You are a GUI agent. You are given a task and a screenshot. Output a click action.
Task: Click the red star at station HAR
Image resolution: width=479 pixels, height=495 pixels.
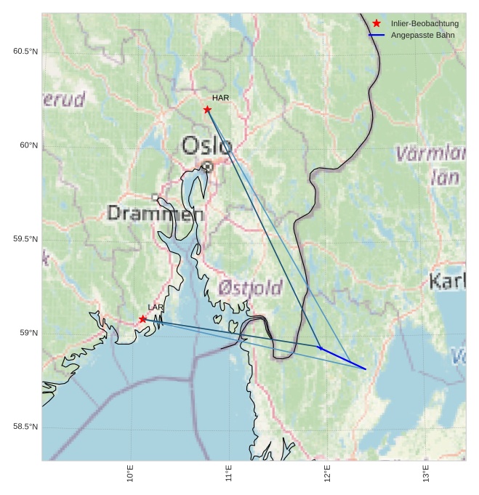click(x=207, y=110)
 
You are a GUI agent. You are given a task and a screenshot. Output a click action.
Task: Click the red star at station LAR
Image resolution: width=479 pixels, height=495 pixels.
click(x=142, y=319)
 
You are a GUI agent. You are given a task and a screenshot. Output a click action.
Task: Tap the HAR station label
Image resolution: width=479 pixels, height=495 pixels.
click(x=221, y=97)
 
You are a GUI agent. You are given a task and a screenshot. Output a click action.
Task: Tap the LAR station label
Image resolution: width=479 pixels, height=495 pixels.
click(x=156, y=307)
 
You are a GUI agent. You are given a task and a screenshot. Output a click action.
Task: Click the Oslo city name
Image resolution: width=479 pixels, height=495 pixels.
click(x=206, y=146)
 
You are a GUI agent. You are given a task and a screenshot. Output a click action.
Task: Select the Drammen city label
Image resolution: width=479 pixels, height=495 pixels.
click(x=156, y=213)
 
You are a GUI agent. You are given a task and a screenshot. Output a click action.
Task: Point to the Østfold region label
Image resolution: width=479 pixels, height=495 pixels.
click(x=250, y=288)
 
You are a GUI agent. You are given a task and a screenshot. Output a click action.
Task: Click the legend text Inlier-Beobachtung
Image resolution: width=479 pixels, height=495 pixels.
click(x=424, y=24)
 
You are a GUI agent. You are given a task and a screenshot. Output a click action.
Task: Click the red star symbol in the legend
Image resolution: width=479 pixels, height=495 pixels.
click(x=376, y=24)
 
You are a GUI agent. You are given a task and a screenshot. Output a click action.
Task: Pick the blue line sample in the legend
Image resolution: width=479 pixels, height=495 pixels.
click(x=376, y=35)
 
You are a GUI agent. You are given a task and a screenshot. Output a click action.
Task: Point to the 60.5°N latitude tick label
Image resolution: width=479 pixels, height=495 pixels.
click(x=25, y=52)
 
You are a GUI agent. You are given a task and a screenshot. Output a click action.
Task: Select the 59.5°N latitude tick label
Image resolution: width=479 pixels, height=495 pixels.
click(x=25, y=240)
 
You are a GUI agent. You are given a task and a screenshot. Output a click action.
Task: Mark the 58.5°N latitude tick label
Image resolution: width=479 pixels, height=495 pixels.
click(x=25, y=427)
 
